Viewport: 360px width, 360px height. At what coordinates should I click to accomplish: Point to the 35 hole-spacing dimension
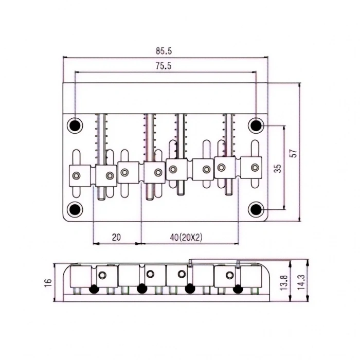[277, 169]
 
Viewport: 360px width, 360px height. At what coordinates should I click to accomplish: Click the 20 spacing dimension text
[116, 237]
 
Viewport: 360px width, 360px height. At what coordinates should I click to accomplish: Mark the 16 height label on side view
[48, 282]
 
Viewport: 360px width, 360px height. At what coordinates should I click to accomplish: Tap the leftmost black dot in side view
[94, 289]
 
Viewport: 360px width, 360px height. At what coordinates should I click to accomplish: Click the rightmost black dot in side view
[237, 289]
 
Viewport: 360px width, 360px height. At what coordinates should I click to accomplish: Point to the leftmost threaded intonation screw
[101, 134]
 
